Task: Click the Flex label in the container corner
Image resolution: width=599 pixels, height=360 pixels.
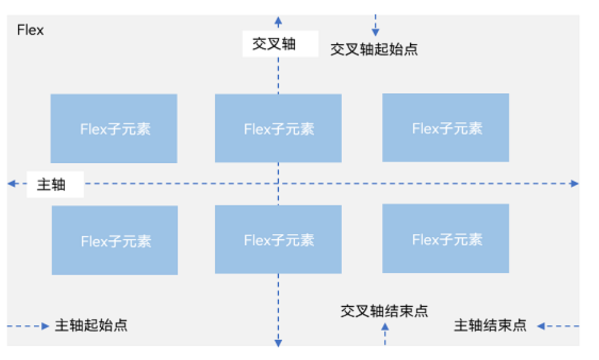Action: [30, 30]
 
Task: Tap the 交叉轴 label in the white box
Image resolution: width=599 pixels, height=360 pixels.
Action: [274, 44]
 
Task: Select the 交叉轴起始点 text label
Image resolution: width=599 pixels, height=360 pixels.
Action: [373, 49]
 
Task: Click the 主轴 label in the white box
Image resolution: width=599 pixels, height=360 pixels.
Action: [51, 185]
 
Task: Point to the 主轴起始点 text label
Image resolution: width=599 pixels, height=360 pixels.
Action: [91, 325]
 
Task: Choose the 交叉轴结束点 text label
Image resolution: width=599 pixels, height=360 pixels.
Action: [384, 311]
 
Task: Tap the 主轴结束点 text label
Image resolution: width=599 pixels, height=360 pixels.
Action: [490, 325]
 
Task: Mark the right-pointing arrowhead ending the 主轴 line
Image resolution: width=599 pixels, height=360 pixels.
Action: [574, 184]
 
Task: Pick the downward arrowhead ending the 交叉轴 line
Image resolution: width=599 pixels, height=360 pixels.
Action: [278, 343]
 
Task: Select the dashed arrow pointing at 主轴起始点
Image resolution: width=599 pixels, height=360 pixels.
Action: [28, 326]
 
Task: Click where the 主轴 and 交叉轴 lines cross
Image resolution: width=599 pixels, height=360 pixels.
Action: [278, 184]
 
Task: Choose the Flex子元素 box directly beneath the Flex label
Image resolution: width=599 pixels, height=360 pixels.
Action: [114, 128]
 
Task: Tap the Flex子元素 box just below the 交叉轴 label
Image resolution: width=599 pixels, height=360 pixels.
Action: [278, 128]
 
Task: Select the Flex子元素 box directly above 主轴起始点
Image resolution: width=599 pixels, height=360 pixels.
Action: [115, 240]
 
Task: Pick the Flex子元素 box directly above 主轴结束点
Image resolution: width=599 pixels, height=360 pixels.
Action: [446, 239]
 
